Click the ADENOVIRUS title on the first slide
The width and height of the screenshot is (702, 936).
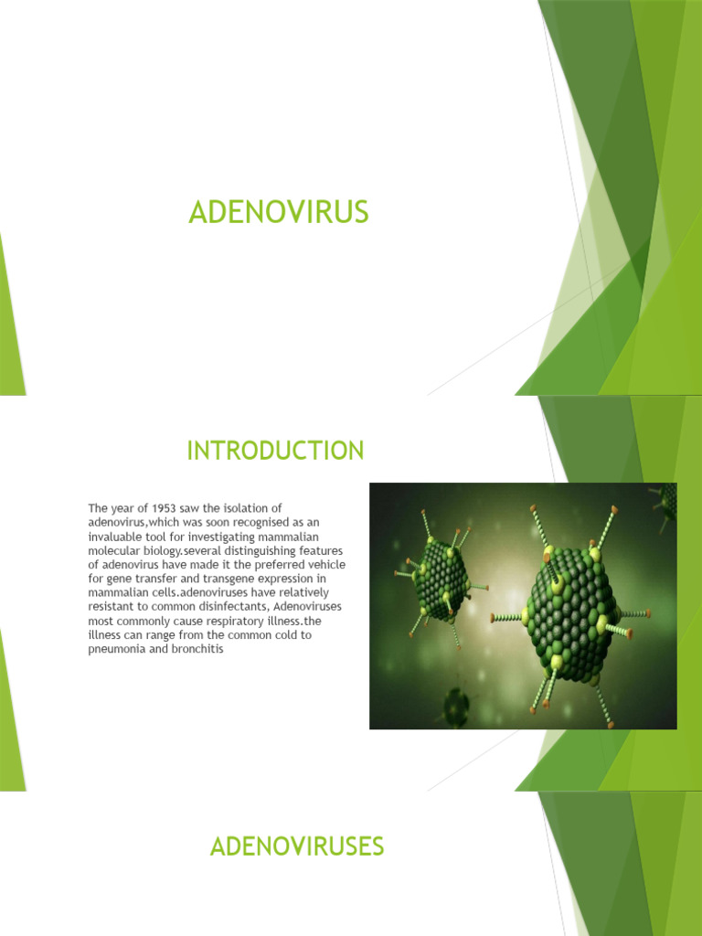pos(279,212)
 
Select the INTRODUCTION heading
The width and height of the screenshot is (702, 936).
pos(275,451)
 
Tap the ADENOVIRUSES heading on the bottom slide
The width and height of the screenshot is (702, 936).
pos(297,846)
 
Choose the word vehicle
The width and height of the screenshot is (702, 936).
pos(326,564)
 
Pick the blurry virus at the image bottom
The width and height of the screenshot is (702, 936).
pos(455,705)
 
